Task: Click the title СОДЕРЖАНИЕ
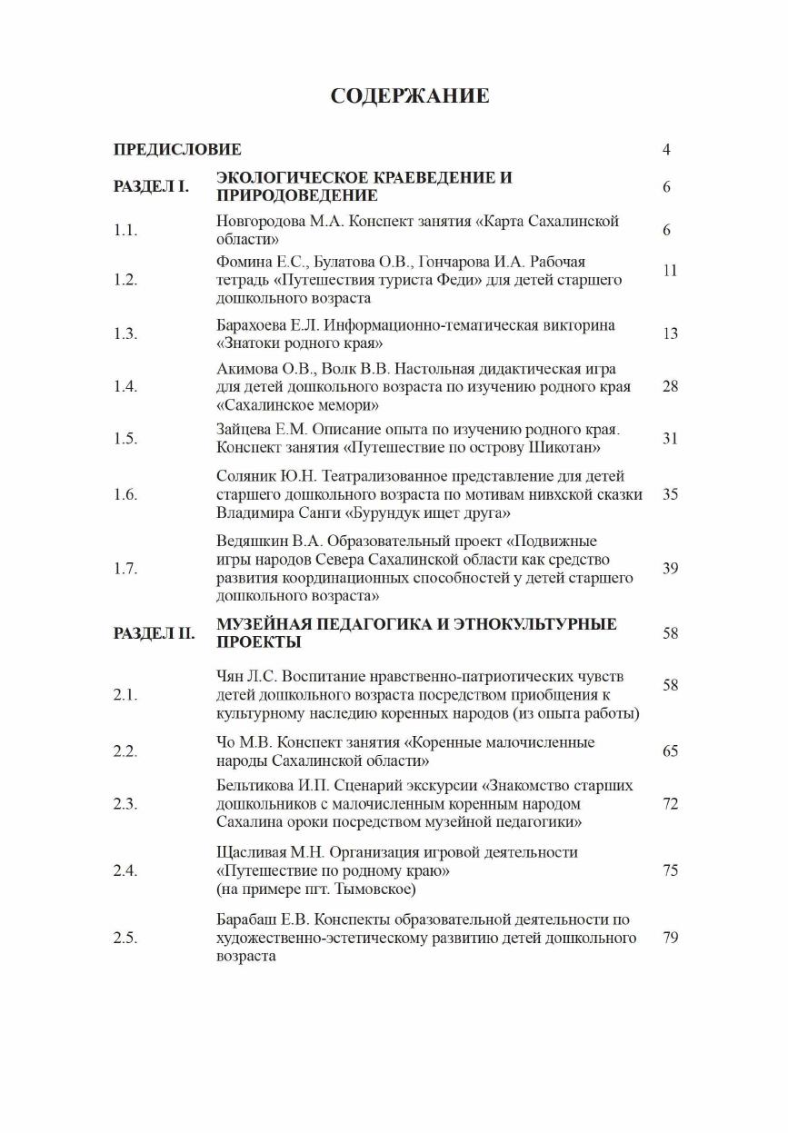coord(410,96)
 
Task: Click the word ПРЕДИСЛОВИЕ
coord(177,149)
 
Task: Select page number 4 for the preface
coord(666,150)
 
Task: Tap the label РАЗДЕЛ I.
coord(151,186)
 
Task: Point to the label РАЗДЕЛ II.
coord(154,633)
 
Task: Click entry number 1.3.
coord(125,333)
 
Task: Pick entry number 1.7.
coord(125,569)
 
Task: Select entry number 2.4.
coord(125,870)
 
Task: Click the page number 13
coord(670,333)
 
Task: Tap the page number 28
coord(670,386)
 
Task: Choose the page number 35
coord(670,494)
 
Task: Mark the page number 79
coord(670,938)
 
